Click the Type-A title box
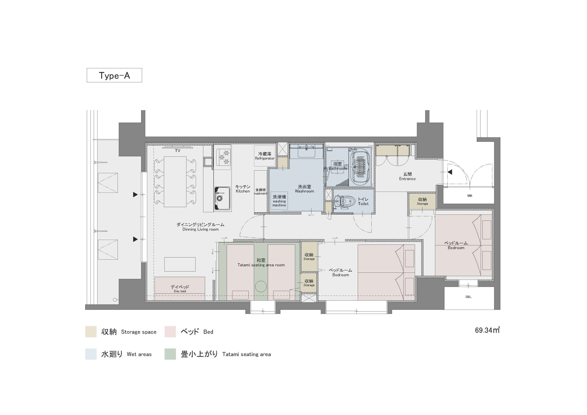tap(114, 75)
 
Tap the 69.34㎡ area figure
tap(487, 330)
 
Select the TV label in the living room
tap(177, 151)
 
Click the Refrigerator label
tap(265, 158)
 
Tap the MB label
tap(470, 196)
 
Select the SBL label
tap(468, 297)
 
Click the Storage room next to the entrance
tap(422, 201)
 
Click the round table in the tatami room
tap(261, 286)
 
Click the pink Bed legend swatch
tap(170, 332)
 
